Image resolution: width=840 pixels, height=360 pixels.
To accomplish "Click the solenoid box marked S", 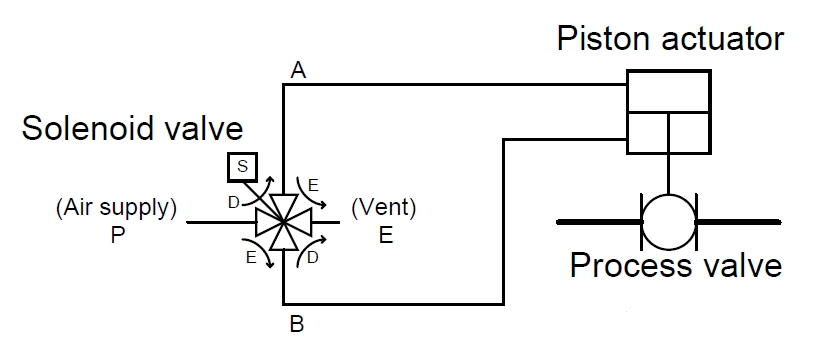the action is [x=242, y=167].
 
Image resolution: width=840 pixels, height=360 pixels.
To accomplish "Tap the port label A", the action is [x=298, y=70].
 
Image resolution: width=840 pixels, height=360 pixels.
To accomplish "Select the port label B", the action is [x=297, y=324].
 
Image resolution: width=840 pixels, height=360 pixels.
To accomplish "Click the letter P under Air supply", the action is [x=117, y=235].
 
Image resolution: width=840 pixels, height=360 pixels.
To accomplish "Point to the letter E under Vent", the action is [x=386, y=235].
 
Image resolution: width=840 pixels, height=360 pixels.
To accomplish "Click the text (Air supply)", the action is [x=116, y=208].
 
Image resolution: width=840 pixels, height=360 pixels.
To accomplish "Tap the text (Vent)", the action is [x=384, y=208].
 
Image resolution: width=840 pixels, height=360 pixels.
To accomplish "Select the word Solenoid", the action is [x=89, y=129].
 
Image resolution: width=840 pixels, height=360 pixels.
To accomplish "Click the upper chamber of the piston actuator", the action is [x=669, y=91].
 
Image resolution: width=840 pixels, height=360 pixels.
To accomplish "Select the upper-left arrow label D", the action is [x=234, y=202].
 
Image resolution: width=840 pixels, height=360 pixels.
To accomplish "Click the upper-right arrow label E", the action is [x=313, y=185].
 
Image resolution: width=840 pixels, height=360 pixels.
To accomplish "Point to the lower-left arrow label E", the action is [x=251, y=258].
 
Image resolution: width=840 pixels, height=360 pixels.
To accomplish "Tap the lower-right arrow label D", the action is [x=313, y=258].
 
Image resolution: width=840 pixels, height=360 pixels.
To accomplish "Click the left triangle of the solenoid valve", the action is [x=268, y=222].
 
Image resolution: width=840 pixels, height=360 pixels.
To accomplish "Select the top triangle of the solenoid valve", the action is [x=283, y=207].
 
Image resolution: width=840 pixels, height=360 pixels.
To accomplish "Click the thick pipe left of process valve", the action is [x=599, y=222].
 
